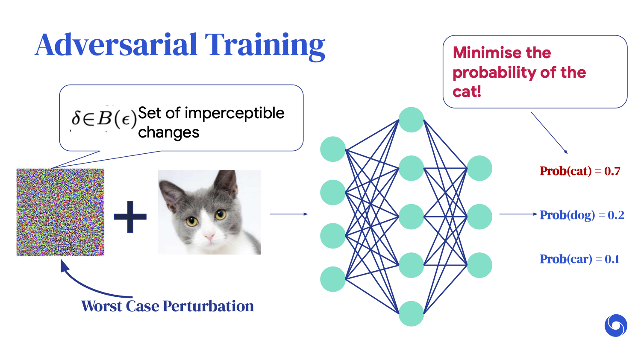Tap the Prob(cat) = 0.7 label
click(x=580, y=171)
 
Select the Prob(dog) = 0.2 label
click(x=582, y=215)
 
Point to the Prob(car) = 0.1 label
click(x=579, y=259)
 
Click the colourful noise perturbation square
click(x=60, y=212)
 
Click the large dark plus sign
click(x=130, y=217)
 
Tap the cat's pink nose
click(x=209, y=236)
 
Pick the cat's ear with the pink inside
click(x=172, y=194)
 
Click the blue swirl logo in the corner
click(x=616, y=325)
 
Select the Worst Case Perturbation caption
click(x=168, y=306)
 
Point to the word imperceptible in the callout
click(x=234, y=114)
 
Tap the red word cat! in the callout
click(x=467, y=91)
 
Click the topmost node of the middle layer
click(x=411, y=120)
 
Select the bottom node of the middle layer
click(x=411, y=314)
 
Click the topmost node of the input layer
click(x=333, y=149)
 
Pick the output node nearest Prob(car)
click(x=479, y=265)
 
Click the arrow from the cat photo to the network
click(x=289, y=214)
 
